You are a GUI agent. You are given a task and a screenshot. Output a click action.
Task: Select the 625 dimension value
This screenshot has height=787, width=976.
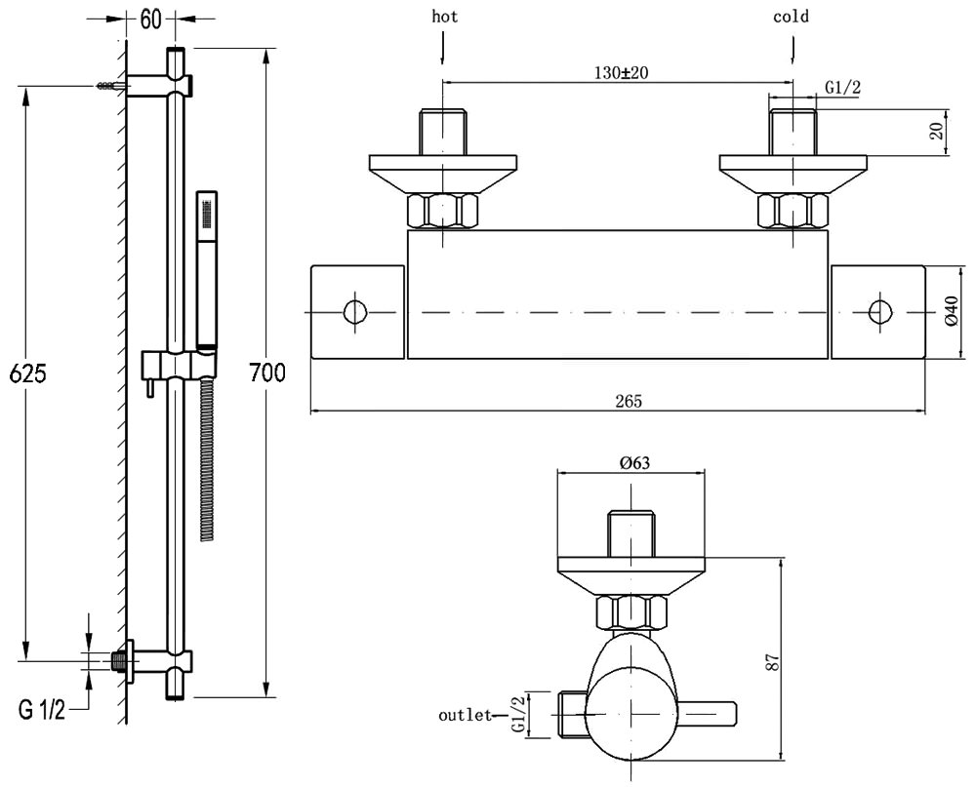(x=25, y=373)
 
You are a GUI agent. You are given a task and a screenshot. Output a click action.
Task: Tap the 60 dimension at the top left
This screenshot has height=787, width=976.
(x=151, y=18)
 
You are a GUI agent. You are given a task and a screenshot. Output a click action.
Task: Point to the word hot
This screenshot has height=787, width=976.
(x=444, y=17)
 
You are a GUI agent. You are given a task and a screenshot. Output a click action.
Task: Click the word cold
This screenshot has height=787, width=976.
(x=791, y=17)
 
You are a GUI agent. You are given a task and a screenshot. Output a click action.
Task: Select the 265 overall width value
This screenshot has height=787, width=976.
(x=617, y=401)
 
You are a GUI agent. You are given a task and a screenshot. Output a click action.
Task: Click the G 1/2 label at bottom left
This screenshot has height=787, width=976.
(x=42, y=709)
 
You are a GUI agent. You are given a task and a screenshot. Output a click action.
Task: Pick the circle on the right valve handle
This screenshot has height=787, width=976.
(x=879, y=312)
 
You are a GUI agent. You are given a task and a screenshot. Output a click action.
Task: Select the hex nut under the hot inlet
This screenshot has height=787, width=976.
(x=444, y=211)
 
